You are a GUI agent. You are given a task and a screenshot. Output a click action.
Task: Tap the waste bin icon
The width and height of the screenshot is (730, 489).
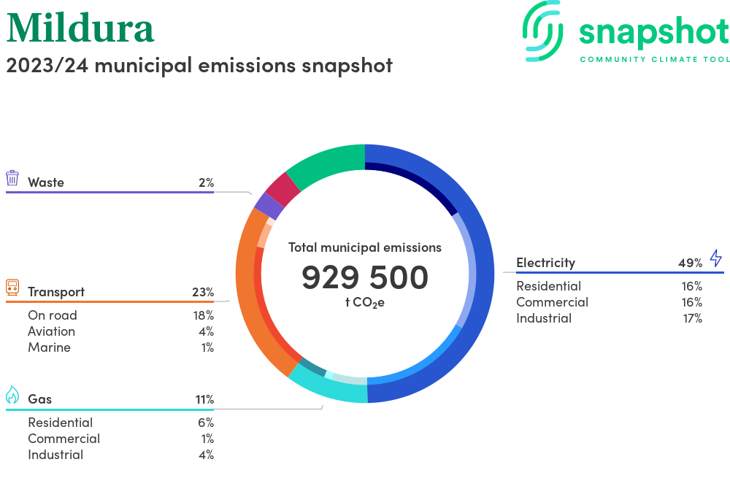coord(12,178)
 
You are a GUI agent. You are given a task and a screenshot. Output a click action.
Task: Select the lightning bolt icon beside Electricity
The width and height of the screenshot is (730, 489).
coord(715,258)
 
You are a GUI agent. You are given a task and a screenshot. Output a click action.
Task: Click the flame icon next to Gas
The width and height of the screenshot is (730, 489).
coord(12,396)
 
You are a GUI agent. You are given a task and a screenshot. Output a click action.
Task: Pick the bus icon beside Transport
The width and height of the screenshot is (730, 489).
coord(12,287)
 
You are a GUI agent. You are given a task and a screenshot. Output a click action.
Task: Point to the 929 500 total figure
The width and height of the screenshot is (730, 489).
coord(365,277)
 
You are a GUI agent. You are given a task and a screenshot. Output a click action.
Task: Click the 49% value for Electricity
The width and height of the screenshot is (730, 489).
coord(690,263)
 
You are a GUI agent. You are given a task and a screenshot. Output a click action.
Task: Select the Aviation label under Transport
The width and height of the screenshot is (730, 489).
coord(51,331)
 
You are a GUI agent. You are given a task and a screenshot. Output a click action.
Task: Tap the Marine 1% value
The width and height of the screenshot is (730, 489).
coord(207,347)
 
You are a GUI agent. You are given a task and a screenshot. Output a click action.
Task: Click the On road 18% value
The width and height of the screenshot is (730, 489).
coord(203,315)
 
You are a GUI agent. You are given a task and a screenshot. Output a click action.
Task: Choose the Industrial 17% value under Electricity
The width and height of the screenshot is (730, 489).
coord(692,318)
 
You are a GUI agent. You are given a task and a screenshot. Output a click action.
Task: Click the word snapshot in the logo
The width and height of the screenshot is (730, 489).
coord(653,32)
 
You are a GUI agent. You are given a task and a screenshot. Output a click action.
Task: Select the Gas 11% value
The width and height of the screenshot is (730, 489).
coord(204,399)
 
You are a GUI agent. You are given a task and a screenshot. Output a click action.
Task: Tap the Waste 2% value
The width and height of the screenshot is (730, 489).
coord(206,182)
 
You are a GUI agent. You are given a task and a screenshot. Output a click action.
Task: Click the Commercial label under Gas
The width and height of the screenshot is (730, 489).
coord(64,439)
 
